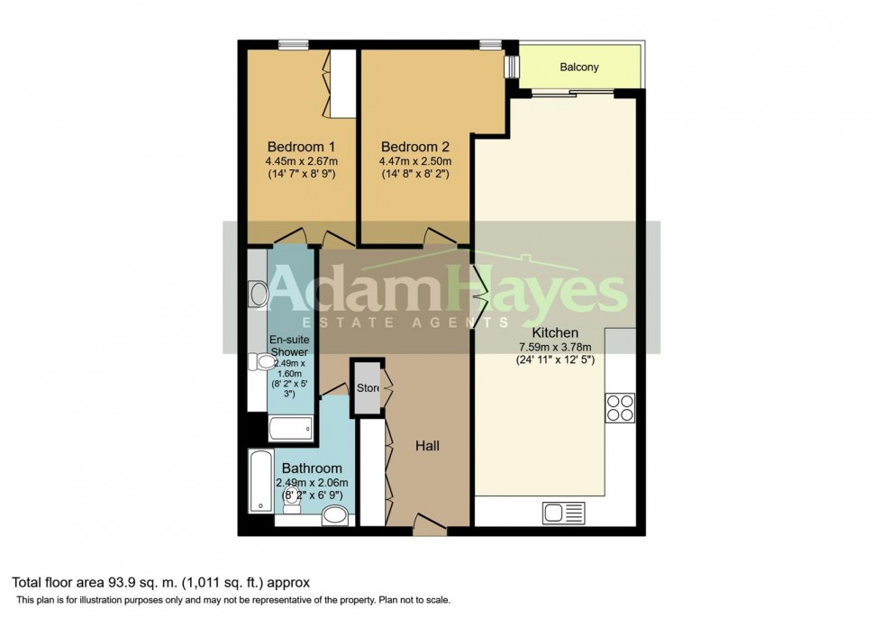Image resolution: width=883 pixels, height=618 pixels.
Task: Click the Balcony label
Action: click(579, 68)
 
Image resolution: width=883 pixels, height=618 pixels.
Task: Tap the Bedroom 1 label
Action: click(300, 147)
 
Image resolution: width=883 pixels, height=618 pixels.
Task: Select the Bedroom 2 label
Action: click(414, 147)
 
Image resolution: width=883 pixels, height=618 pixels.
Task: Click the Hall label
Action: click(427, 446)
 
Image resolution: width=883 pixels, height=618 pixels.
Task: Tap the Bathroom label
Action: click(312, 468)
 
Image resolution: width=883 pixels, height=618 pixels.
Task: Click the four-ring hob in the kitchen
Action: click(620, 408)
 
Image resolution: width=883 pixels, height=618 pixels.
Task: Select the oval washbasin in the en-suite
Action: click(257, 293)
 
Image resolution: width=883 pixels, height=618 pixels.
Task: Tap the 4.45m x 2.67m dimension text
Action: click(300, 162)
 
